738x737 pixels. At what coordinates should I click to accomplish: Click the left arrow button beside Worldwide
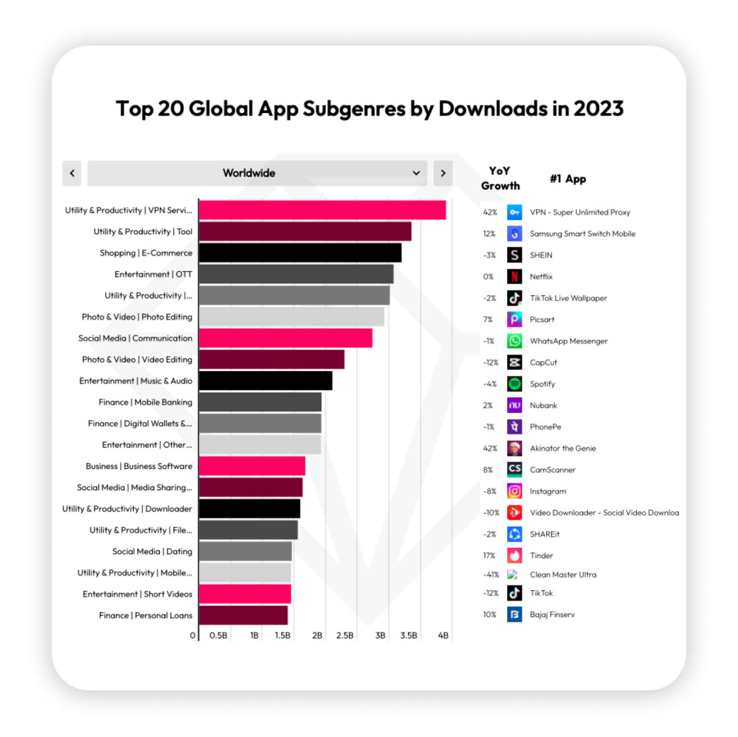click(x=72, y=173)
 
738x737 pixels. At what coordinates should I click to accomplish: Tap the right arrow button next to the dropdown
click(x=442, y=173)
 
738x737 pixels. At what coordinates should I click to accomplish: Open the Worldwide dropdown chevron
click(x=416, y=173)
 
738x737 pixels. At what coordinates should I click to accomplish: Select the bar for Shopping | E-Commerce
click(x=300, y=253)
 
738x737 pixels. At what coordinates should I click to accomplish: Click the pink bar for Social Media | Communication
click(x=286, y=338)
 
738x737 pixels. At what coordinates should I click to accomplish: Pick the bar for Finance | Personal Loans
click(x=243, y=615)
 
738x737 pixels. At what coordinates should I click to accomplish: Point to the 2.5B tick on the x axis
click(x=345, y=635)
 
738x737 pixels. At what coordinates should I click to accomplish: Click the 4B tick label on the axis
click(x=443, y=635)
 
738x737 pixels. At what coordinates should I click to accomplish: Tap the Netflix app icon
click(x=515, y=276)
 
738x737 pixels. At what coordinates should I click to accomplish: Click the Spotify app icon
click(x=515, y=384)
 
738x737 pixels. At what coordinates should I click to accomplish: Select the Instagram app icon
click(x=515, y=491)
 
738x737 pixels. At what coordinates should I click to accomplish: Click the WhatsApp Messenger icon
click(x=515, y=341)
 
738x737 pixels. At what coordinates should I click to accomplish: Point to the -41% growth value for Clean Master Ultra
click(x=491, y=574)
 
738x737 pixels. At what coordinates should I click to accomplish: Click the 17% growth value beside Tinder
click(x=489, y=556)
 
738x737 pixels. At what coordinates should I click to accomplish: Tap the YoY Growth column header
click(x=500, y=178)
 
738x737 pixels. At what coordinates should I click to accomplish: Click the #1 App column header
click(x=568, y=179)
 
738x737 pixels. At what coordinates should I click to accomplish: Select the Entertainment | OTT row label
click(x=153, y=274)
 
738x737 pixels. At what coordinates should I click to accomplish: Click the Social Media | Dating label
click(x=152, y=551)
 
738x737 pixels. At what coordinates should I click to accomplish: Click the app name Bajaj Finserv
click(x=552, y=615)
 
